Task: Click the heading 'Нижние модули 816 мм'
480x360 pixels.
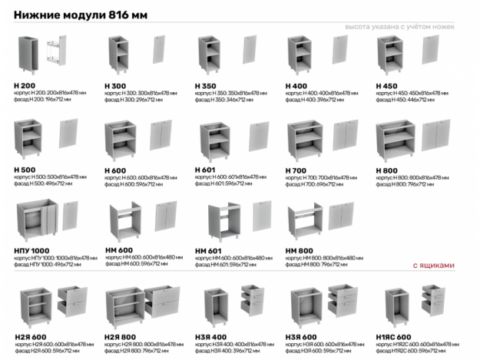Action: coord(81,15)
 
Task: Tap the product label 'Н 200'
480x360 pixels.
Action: coord(24,86)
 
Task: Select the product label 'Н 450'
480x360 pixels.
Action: coord(387,86)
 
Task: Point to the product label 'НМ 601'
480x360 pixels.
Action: coord(209,251)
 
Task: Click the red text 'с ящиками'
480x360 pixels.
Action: coord(433,266)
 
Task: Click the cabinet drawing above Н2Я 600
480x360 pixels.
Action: coord(35,305)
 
